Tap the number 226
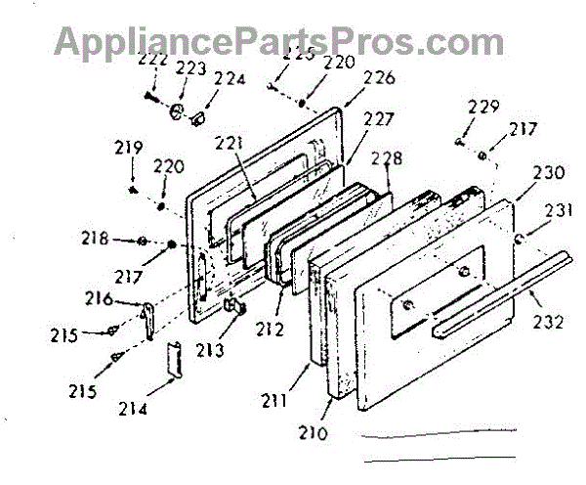click(353, 78)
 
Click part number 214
click(133, 408)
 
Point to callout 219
click(129, 149)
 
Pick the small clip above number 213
click(234, 306)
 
